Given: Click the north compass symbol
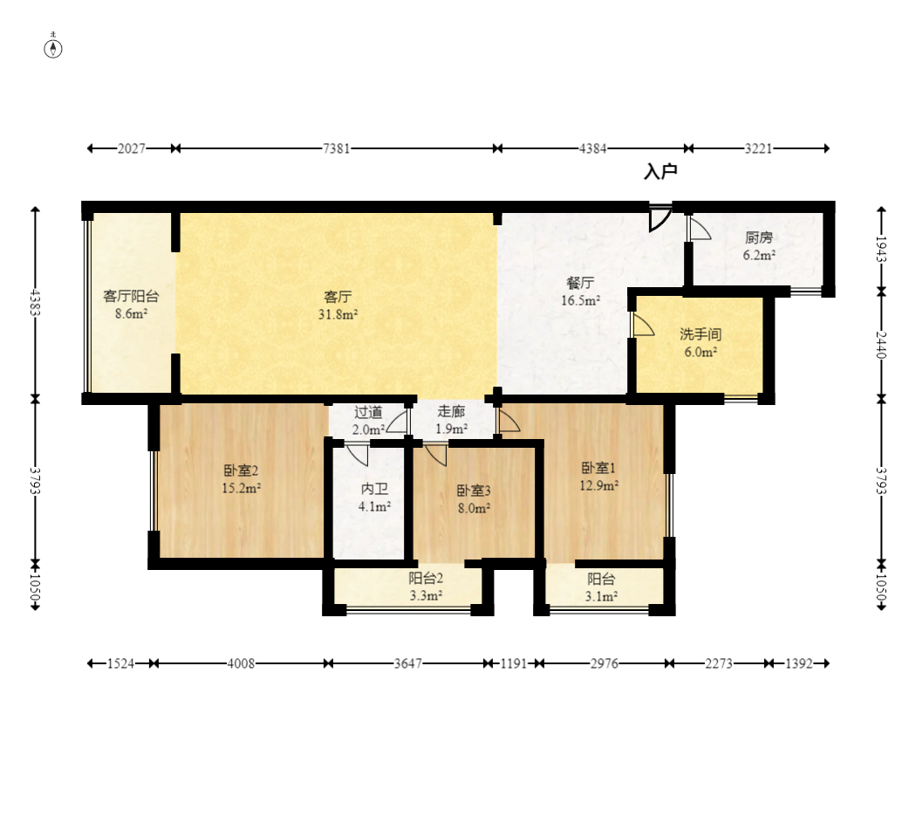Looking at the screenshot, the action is pyautogui.click(x=53, y=49).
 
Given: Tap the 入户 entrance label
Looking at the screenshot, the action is pyautogui.click(x=660, y=172).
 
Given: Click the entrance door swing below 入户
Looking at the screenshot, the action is pyautogui.click(x=660, y=218).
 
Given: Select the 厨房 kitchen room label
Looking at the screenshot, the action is pyautogui.click(x=759, y=237).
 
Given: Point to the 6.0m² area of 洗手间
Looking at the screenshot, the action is pyautogui.click(x=701, y=353).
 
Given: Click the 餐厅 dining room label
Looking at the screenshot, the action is pyautogui.click(x=581, y=284).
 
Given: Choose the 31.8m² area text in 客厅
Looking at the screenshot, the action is pyautogui.click(x=338, y=314).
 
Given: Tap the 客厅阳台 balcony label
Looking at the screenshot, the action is pyautogui.click(x=131, y=296).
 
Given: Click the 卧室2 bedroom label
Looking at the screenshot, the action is pyautogui.click(x=241, y=470).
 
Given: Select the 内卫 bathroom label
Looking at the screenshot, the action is pyautogui.click(x=374, y=489).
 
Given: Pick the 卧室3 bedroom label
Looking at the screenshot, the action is pyautogui.click(x=474, y=491).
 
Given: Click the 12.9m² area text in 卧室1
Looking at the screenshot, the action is pyautogui.click(x=598, y=485).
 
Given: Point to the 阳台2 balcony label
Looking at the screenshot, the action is pyautogui.click(x=426, y=579).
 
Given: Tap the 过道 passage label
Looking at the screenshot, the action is pyautogui.click(x=368, y=413).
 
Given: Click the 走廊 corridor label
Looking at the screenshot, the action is pyautogui.click(x=451, y=411).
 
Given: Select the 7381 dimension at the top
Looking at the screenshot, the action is pyautogui.click(x=337, y=149).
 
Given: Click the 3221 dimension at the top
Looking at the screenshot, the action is pyautogui.click(x=758, y=149).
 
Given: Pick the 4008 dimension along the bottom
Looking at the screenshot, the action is pyautogui.click(x=241, y=664).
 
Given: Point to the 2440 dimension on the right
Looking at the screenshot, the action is pyautogui.click(x=881, y=345).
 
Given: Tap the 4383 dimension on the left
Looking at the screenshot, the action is pyautogui.click(x=35, y=303).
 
